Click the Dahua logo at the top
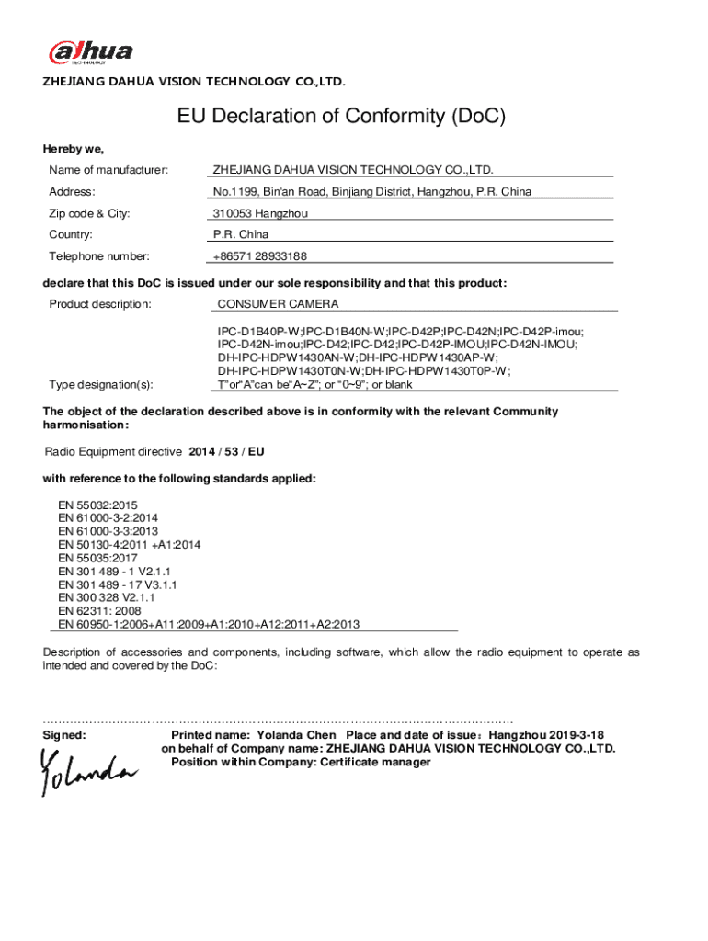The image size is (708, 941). [90, 53]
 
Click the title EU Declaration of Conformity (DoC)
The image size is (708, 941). [341, 118]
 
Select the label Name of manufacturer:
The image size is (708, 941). [108, 170]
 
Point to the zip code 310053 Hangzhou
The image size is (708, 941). [260, 213]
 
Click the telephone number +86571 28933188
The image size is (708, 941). [260, 256]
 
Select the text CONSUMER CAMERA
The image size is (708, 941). [278, 303]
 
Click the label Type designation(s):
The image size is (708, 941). [101, 384]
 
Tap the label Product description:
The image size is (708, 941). [100, 303]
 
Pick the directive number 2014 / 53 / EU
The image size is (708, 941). [226, 452]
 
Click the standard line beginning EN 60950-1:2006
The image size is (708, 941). [209, 624]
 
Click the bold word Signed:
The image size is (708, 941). [65, 736]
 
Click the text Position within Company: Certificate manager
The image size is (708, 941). [301, 762]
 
